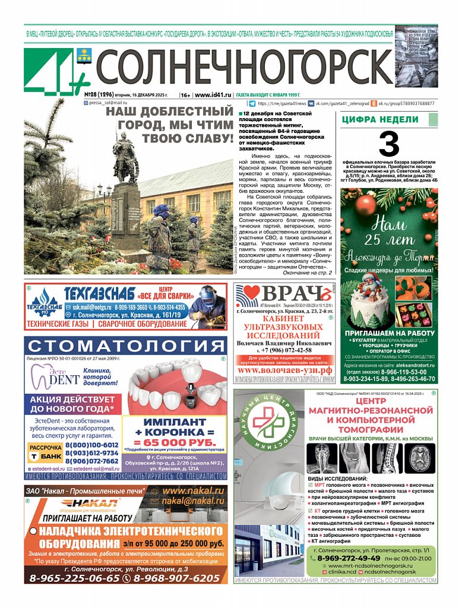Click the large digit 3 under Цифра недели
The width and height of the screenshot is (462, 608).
pyautogui.click(x=389, y=144)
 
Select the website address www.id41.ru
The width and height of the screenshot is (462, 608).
pyautogui.click(x=213, y=94)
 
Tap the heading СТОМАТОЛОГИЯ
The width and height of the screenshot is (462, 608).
pyautogui.click(x=125, y=347)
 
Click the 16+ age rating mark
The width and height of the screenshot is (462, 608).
pyautogui.click(x=185, y=94)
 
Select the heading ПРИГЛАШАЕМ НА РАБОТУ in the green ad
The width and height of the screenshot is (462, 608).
pyautogui.click(x=388, y=334)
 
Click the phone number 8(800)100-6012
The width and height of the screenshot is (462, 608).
pyautogui.click(x=92, y=445)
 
